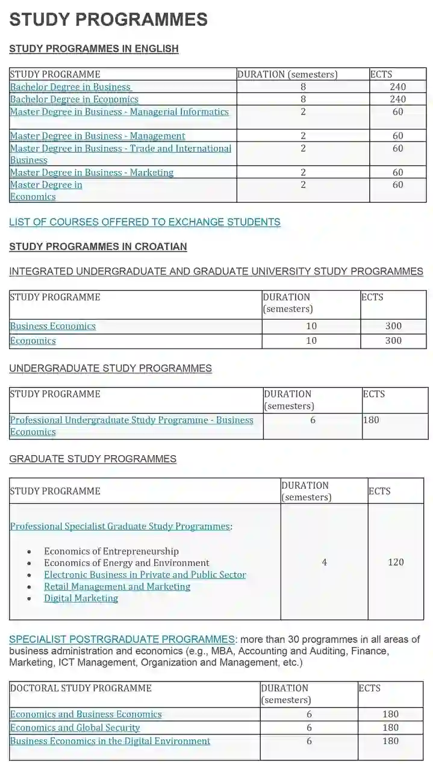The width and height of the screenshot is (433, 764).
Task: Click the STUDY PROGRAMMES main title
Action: point(108,20)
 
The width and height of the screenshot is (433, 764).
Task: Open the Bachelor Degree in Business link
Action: point(70,87)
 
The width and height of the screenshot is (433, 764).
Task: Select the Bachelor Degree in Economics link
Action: point(74,99)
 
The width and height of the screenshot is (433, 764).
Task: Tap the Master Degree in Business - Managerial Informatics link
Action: point(119,111)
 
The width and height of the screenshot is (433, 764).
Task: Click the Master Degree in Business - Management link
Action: point(98,136)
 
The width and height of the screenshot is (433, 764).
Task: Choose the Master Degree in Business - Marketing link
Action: point(92,173)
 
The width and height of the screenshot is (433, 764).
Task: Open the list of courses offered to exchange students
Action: point(145,222)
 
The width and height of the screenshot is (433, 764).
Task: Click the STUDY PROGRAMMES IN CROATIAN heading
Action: point(98,247)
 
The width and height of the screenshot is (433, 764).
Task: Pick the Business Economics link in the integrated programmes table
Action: point(53,326)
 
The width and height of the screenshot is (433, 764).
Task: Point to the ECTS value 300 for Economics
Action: point(393,341)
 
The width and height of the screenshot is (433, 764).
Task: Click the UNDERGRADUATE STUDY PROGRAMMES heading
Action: point(110,368)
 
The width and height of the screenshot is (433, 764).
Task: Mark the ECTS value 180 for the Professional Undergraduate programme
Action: point(372,420)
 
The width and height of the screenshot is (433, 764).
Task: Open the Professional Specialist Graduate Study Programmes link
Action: point(120,526)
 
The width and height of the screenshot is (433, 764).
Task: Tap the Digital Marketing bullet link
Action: point(81,598)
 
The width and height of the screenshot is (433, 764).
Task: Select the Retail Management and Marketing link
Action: point(117,586)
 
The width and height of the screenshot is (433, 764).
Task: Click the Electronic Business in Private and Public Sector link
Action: point(145,575)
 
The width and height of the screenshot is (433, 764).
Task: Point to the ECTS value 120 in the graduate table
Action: point(396,562)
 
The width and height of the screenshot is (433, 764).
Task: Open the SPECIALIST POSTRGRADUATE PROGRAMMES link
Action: point(122,639)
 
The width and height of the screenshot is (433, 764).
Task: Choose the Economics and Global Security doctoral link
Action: point(75,728)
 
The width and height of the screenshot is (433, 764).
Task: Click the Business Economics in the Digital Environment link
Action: point(110,741)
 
